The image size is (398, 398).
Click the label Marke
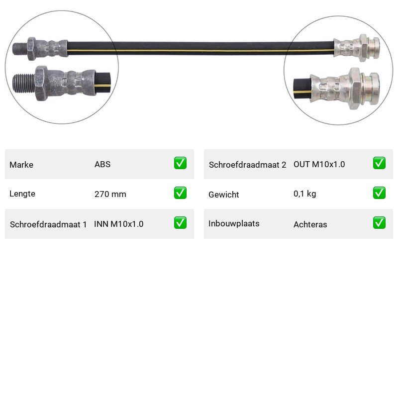21,165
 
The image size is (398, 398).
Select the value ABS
102,164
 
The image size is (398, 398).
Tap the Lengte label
22,194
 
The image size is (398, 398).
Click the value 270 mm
110,194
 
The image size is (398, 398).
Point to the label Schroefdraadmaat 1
48,224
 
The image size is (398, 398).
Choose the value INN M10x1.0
119,224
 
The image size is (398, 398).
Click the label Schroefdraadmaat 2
247,165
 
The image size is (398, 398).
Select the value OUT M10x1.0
319,164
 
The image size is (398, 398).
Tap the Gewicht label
223,195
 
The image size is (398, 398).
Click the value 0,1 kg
305,194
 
